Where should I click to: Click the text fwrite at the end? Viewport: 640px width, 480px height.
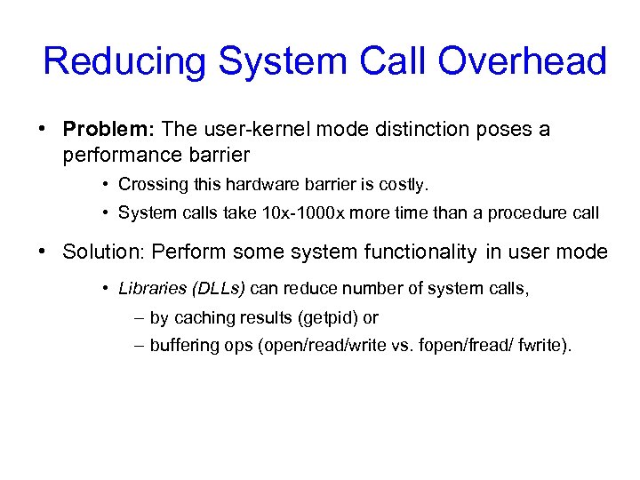tap(545, 345)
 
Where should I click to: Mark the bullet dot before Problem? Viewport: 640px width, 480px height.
tap(43, 130)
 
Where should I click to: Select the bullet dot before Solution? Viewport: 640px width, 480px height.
tap(43, 252)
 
